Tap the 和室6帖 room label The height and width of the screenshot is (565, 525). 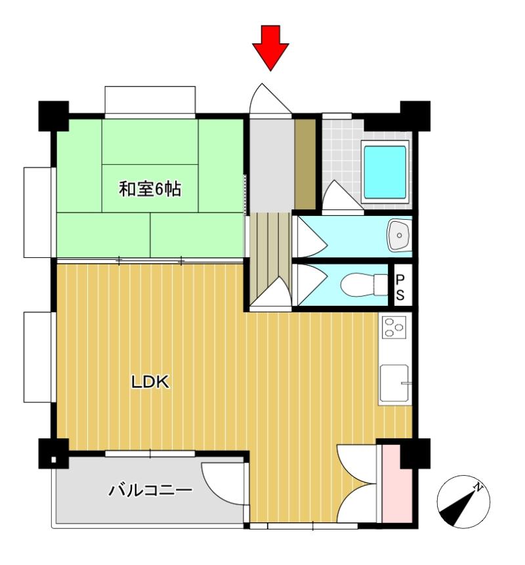point(150,190)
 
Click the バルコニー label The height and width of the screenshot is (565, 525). point(150,490)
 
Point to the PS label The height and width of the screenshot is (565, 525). point(400,285)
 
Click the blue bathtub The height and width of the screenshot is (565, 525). point(385,171)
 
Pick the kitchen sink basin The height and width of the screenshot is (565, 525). point(394,384)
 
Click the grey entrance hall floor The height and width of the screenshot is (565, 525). point(269,164)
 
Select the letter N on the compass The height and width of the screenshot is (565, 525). point(480,488)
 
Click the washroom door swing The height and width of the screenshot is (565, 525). point(308,236)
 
